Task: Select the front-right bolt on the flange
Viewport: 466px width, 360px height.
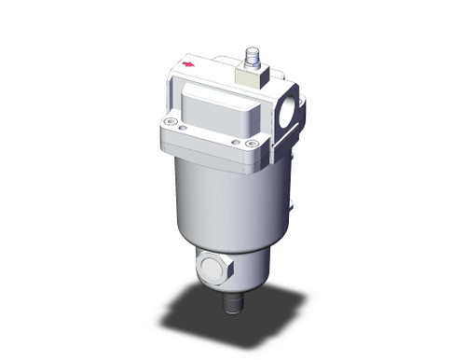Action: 250,143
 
